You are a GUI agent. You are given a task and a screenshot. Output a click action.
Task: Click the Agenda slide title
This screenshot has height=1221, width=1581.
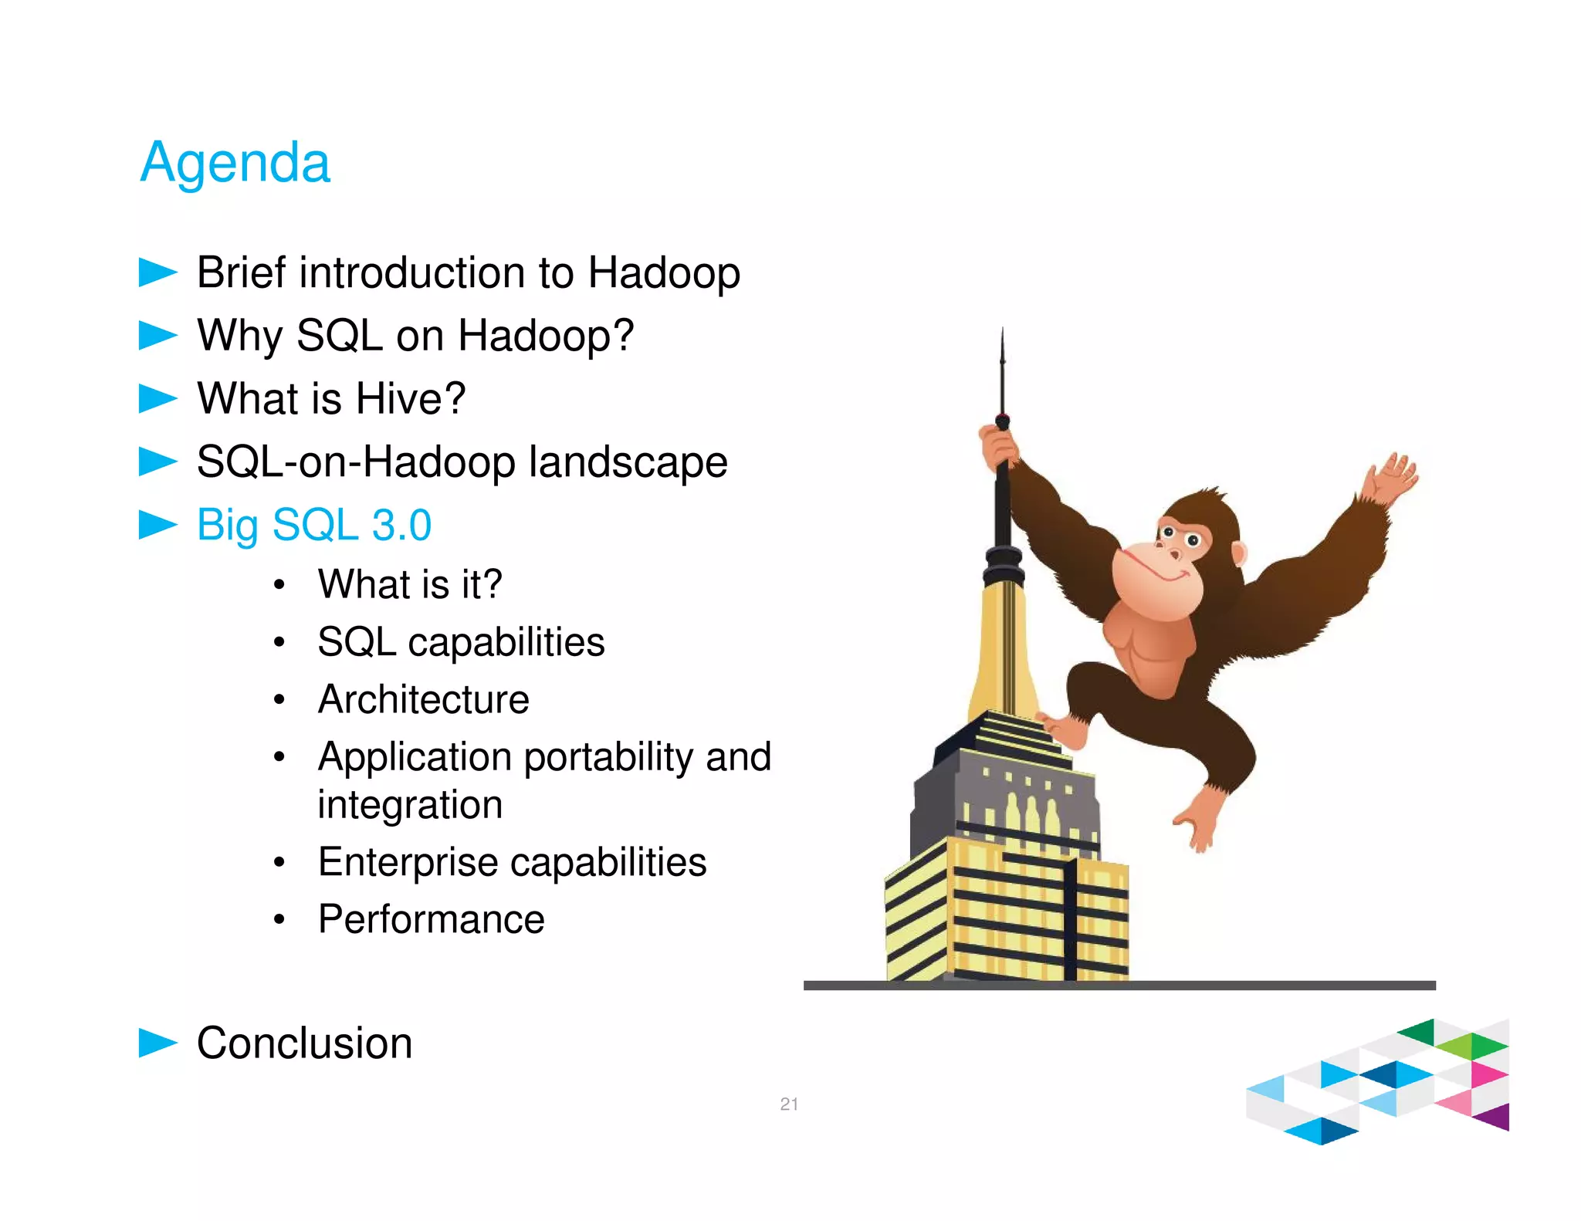(235, 163)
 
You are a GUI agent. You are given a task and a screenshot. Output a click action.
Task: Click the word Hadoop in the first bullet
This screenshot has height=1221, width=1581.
(663, 273)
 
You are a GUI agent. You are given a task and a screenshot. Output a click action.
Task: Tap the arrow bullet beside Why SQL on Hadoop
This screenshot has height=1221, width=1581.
(157, 336)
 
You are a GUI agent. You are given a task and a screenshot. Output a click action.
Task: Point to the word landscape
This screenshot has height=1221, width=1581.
(628, 462)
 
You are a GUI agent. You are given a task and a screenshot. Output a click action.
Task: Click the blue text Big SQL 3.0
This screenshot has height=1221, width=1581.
(313, 526)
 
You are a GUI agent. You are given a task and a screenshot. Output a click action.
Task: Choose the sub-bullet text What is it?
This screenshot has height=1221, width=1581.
(409, 584)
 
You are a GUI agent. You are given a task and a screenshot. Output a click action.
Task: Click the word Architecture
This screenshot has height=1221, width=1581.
(423, 700)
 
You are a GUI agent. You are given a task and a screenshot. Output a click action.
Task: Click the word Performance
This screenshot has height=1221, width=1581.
(431, 920)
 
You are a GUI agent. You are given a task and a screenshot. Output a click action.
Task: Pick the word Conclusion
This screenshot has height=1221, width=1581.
(304, 1043)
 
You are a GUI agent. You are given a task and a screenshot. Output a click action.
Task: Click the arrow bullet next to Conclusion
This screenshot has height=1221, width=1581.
(157, 1043)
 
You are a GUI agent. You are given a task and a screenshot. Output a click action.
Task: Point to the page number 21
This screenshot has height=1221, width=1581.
(788, 1104)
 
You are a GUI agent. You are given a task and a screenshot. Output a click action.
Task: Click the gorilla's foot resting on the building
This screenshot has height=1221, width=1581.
(1062, 730)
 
